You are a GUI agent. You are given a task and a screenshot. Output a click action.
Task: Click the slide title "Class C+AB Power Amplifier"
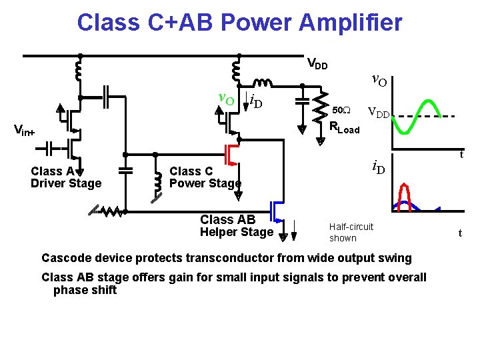(x=239, y=23)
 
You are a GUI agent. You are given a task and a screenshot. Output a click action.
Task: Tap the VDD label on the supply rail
(x=317, y=65)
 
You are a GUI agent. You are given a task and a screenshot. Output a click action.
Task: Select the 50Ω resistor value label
(x=341, y=109)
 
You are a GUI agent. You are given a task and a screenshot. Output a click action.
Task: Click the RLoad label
(x=345, y=129)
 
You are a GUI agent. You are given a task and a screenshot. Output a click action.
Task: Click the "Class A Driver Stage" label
(x=66, y=177)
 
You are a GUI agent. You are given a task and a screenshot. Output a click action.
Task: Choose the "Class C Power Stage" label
(x=205, y=177)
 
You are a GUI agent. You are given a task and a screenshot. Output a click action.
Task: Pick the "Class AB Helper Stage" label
(x=236, y=225)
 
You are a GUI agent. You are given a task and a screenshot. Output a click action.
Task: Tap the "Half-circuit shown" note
(x=351, y=232)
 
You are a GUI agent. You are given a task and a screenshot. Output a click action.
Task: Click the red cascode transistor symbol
(x=232, y=154)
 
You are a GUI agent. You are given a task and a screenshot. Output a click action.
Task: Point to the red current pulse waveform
(x=403, y=197)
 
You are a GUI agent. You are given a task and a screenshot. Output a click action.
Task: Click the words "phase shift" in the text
(x=85, y=290)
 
